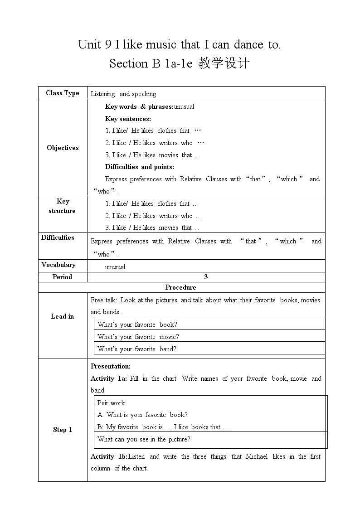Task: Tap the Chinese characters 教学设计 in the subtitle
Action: pyautogui.click(x=224, y=63)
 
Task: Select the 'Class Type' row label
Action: pyautogui.click(x=63, y=93)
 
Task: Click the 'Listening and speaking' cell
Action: pyautogui.click(x=123, y=94)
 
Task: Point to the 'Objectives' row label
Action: pyautogui.click(x=63, y=148)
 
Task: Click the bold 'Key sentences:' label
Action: pyautogui.click(x=128, y=119)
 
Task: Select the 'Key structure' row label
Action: pyautogui.click(x=63, y=206)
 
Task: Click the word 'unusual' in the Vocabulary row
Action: pyautogui.click(x=115, y=267)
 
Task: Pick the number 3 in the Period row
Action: pyautogui.click(x=206, y=277)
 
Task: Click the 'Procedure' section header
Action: pyautogui.click(x=181, y=287)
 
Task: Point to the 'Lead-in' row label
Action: pyautogui.click(x=63, y=316)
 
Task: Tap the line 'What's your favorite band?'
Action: pyautogui.click(x=137, y=349)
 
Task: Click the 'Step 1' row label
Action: pyautogui.click(x=63, y=430)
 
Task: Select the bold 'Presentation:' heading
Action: pyautogui.click(x=111, y=366)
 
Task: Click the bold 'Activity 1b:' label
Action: pyautogui.click(x=109, y=456)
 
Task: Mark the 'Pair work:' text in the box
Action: pyautogui.click(x=112, y=402)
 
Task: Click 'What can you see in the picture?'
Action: pyautogui.click(x=144, y=439)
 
